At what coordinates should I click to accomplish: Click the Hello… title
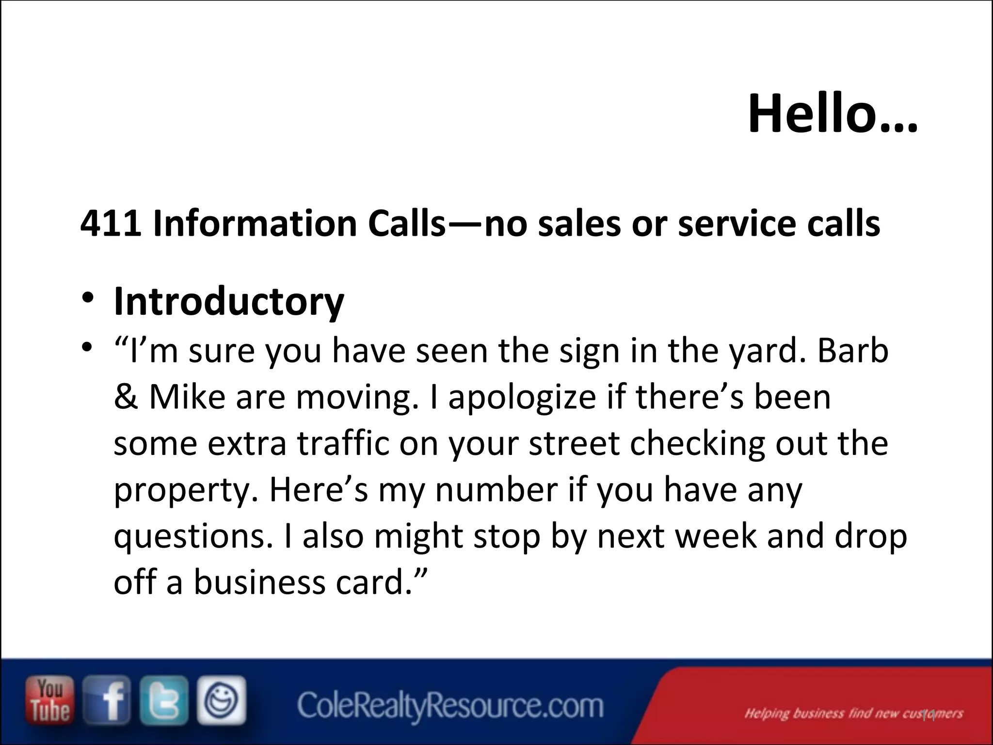(833, 114)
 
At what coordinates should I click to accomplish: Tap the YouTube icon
(50, 700)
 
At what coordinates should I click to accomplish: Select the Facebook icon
(107, 700)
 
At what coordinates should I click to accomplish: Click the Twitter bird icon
(164, 700)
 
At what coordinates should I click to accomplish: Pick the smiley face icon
(221, 700)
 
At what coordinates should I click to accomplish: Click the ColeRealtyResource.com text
(450, 706)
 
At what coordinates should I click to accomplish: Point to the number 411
(111, 224)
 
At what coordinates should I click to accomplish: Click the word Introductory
(229, 302)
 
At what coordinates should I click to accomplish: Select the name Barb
(852, 350)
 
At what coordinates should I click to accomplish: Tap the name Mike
(187, 397)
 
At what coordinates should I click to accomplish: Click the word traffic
(343, 443)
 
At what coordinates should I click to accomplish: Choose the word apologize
(522, 398)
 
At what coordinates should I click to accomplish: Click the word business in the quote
(260, 582)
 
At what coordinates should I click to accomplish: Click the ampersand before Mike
(126, 397)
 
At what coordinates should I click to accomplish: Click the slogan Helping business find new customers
(853, 713)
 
